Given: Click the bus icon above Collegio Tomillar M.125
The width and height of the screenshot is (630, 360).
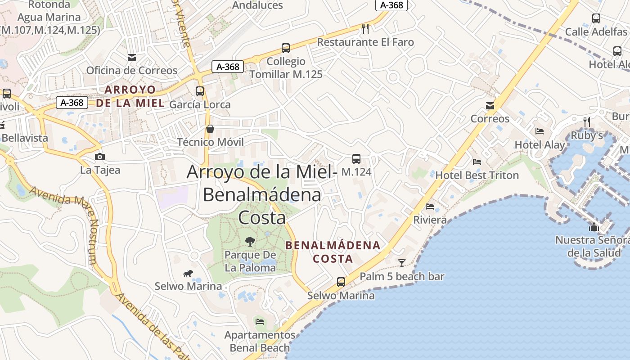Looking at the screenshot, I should point(285,48).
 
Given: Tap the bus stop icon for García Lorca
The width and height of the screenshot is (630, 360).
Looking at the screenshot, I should point(200,91).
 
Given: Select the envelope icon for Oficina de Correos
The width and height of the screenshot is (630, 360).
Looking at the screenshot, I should point(132,57).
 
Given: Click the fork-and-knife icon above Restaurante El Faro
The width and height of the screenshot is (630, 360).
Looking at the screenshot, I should point(365,29).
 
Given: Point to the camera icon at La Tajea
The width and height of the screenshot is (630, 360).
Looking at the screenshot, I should point(100,157).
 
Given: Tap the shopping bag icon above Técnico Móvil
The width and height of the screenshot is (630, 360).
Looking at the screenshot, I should point(210,129).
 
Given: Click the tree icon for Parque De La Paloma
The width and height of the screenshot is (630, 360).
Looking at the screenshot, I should point(250,242).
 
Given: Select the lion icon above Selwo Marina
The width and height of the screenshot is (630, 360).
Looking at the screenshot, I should point(188,273).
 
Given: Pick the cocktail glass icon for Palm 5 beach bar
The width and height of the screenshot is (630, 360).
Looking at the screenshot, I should point(402,263).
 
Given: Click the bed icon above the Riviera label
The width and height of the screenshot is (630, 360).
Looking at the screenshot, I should point(430,207).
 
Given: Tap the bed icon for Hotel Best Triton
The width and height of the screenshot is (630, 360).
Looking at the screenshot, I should point(477,162).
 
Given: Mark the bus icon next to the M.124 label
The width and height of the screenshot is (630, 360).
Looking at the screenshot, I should point(356,158).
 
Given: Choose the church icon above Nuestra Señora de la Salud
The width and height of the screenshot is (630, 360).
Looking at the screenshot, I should point(594,227).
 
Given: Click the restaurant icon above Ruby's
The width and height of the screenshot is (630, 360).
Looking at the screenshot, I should point(587,122).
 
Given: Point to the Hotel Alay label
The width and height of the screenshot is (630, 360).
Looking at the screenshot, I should point(540,145).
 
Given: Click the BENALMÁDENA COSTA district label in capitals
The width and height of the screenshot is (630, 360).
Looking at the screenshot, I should point(333,252).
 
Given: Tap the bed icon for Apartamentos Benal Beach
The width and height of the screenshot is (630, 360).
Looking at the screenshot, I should point(260,321).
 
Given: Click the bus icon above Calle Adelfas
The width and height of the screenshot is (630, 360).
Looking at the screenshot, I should point(596,18).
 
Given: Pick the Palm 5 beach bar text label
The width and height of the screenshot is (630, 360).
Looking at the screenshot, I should point(402,276).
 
